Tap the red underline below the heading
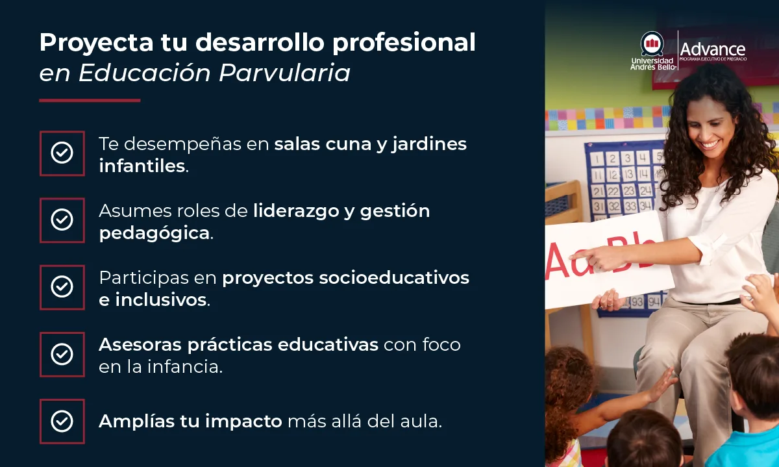click(x=90, y=101)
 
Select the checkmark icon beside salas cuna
click(x=62, y=153)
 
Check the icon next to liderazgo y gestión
click(x=62, y=220)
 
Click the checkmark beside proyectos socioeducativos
click(x=62, y=287)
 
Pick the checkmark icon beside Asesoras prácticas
click(x=62, y=354)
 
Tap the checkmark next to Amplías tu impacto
click(x=62, y=421)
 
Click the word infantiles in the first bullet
click(x=142, y=166)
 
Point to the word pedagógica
click(x=155, y=233)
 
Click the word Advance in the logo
click(x=712, y=49)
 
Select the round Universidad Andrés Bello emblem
click(x=652, y=44)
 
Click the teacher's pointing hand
click(x=597, y=258)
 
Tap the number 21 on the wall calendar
click(x=597, y=191)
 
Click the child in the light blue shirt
click(x=753, y=416)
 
